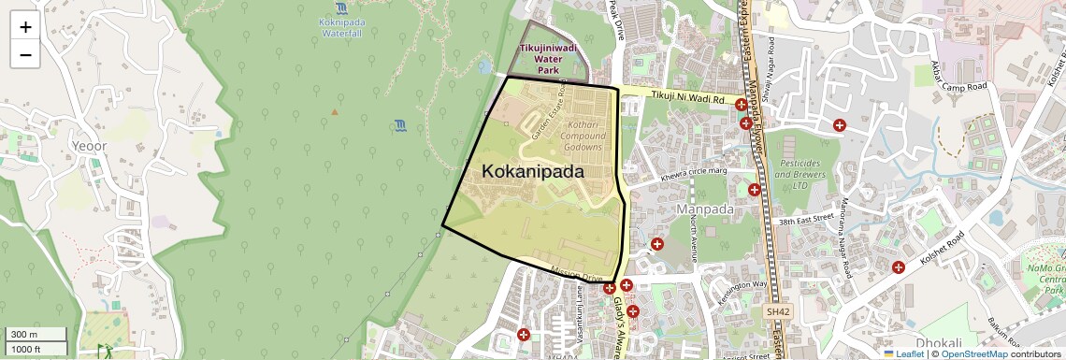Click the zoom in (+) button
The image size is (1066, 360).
tap(25, 26)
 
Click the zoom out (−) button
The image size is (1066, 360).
tap(25, 54)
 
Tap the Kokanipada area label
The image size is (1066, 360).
tap(533, 172)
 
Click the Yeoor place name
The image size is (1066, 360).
tap(89, 146)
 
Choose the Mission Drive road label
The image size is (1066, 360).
tap(577, 277)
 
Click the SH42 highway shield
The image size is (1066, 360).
tap(776, 311)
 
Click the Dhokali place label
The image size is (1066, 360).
tap(939, 343)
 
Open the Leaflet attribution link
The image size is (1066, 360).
tap(902, 353)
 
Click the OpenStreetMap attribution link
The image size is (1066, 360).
tap(974, 353)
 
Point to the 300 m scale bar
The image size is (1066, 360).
tap(36, 334)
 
